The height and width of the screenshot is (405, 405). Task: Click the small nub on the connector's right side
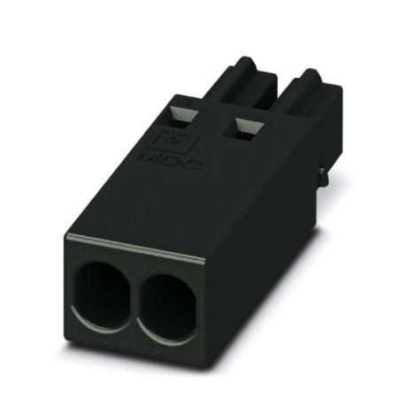(322, 176)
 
